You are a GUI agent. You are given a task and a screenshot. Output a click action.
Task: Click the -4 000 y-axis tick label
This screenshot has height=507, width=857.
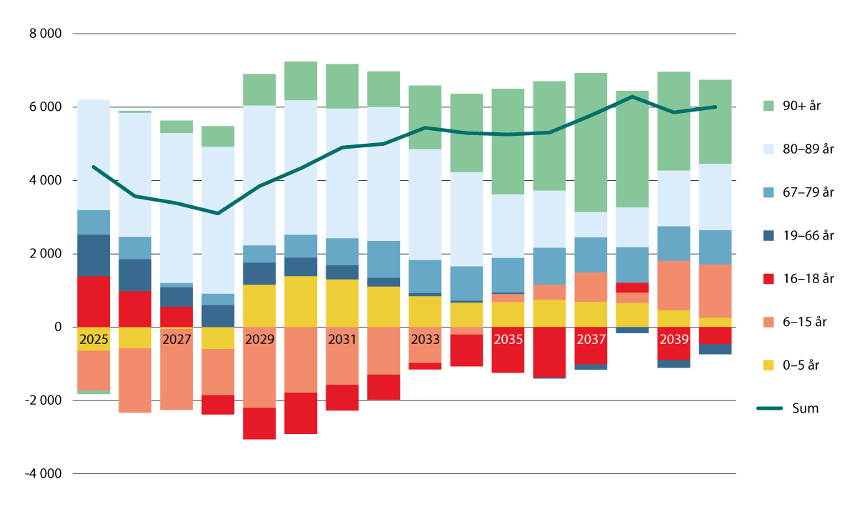click(x=44, y=474)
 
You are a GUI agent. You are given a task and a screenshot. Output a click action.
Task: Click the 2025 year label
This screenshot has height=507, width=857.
click(x=94, y=339)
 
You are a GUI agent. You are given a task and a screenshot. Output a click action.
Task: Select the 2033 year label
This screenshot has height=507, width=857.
click(x=425, y=339)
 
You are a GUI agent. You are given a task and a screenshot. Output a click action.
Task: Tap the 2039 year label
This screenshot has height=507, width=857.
click(x=673, y=339)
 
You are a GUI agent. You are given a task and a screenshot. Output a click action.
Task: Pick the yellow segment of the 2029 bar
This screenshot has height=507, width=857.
click(x=259, y=306)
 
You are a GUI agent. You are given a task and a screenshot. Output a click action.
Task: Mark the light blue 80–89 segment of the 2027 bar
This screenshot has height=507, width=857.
click(x=176, y=207)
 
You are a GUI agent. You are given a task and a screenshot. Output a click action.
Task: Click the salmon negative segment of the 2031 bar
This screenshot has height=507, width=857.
click(x=342, y=356)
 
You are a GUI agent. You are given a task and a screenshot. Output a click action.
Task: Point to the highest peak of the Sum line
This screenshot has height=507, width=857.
click(x=632, y=97)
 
